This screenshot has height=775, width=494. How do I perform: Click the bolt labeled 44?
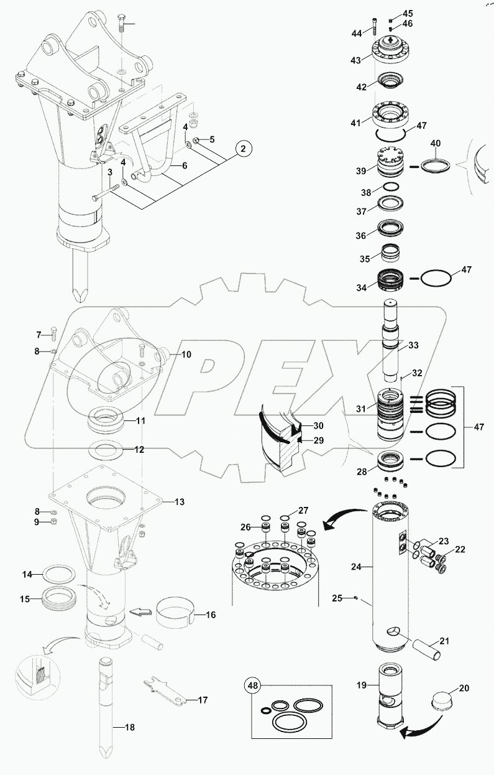point(375,24)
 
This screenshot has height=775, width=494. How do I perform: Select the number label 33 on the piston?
point(413,345)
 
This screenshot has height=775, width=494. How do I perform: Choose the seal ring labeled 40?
point(434,166)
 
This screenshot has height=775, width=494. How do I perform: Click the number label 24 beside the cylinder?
point(356,567)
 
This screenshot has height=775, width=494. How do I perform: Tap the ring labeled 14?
point(58,573)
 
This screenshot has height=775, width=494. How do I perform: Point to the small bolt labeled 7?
point(53,332)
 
